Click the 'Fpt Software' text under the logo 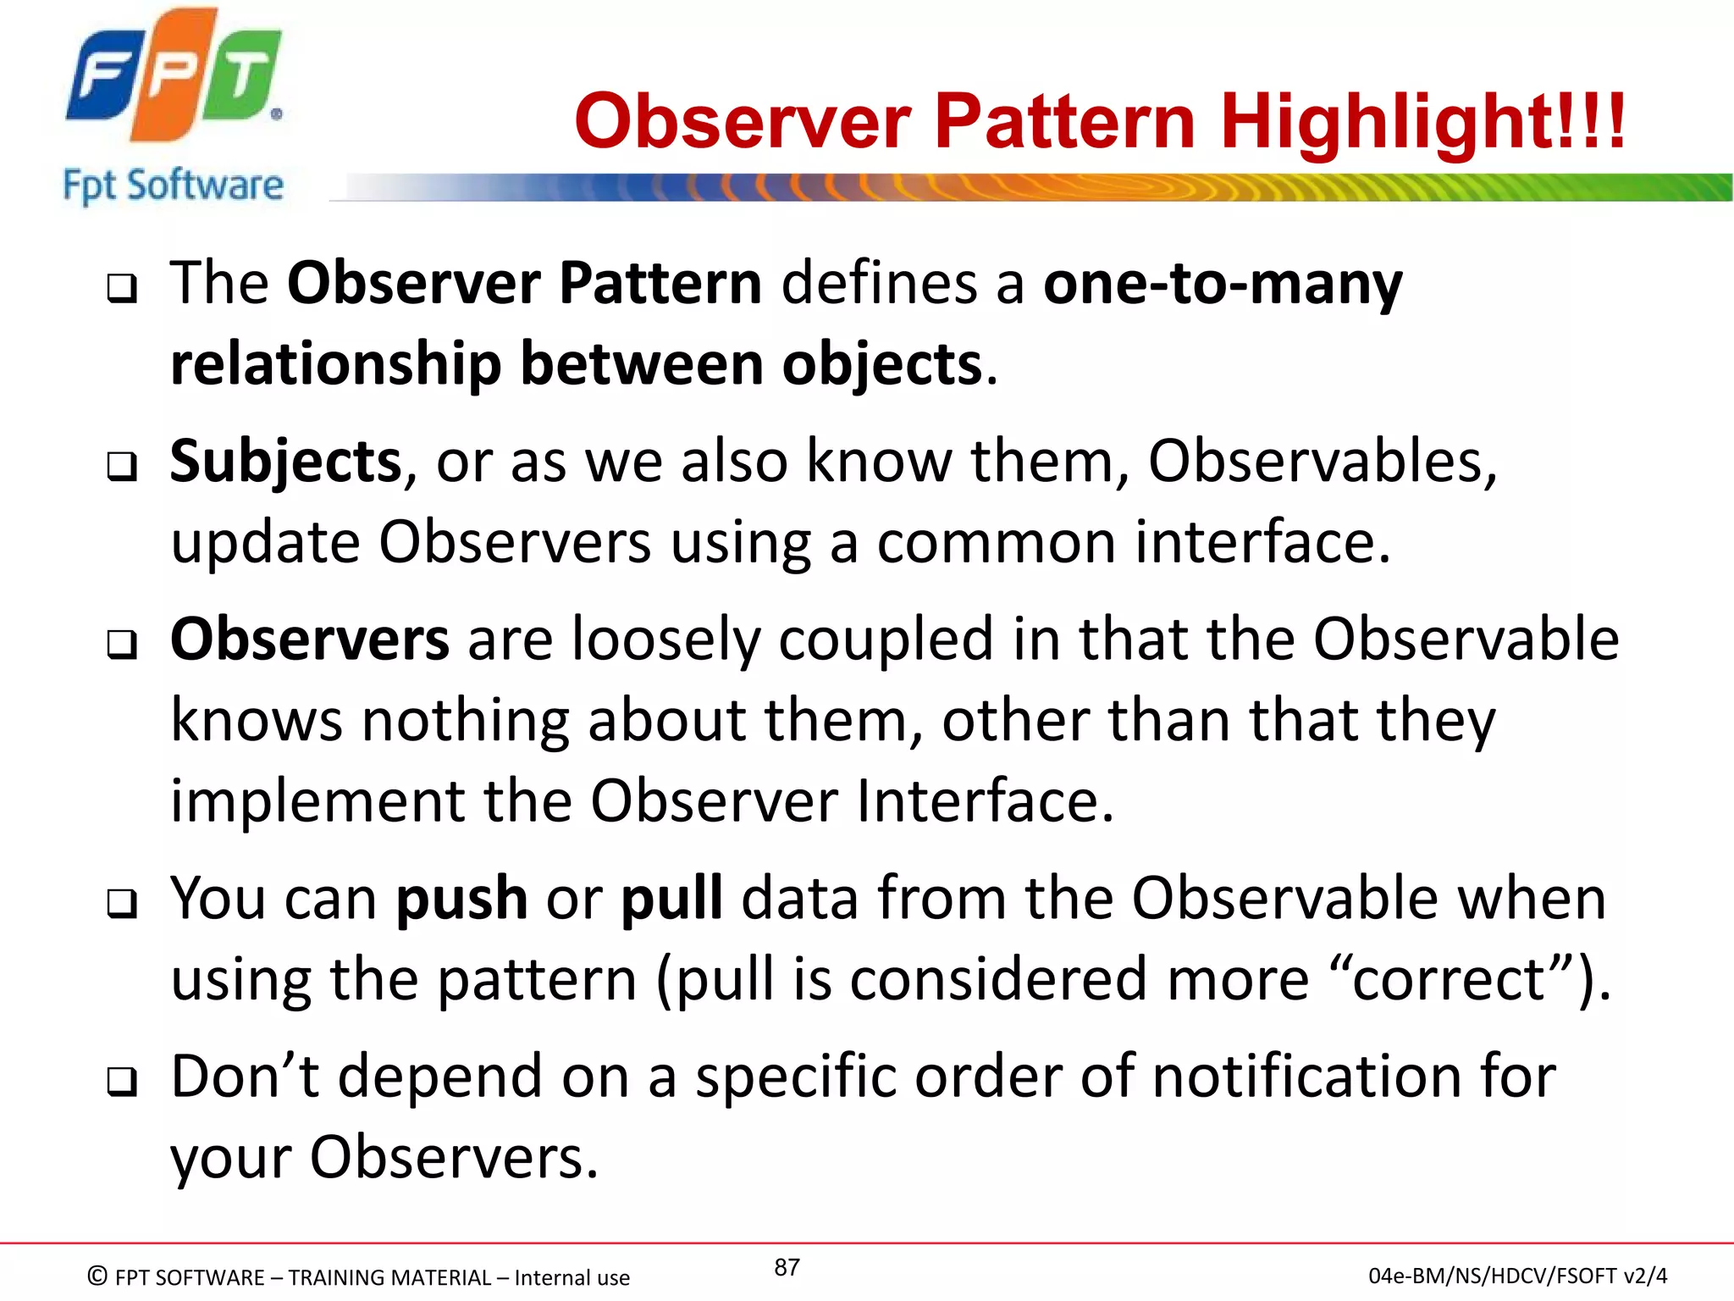(x=173, y=185)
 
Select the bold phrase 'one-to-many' (x=1223, y=284)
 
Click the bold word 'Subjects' (x=285, y=462)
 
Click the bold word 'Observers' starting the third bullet (x=309, y=639)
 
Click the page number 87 (x=787, y=1267)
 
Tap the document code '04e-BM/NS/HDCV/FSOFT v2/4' (x=1517, y=1276)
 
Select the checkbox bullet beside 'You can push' (x=122, y=905)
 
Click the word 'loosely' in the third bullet (x=665, y=639)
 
